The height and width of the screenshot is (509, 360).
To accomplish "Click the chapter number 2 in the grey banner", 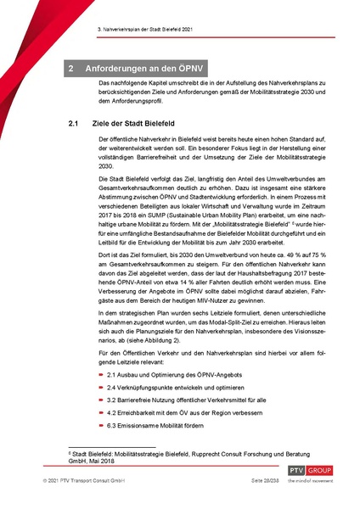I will point(74,66).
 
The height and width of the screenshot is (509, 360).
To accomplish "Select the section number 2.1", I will point(74,124).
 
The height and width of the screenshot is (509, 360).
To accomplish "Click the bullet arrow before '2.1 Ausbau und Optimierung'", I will point(102,396).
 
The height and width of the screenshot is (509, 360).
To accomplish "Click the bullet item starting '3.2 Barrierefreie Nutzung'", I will point(193,425).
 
